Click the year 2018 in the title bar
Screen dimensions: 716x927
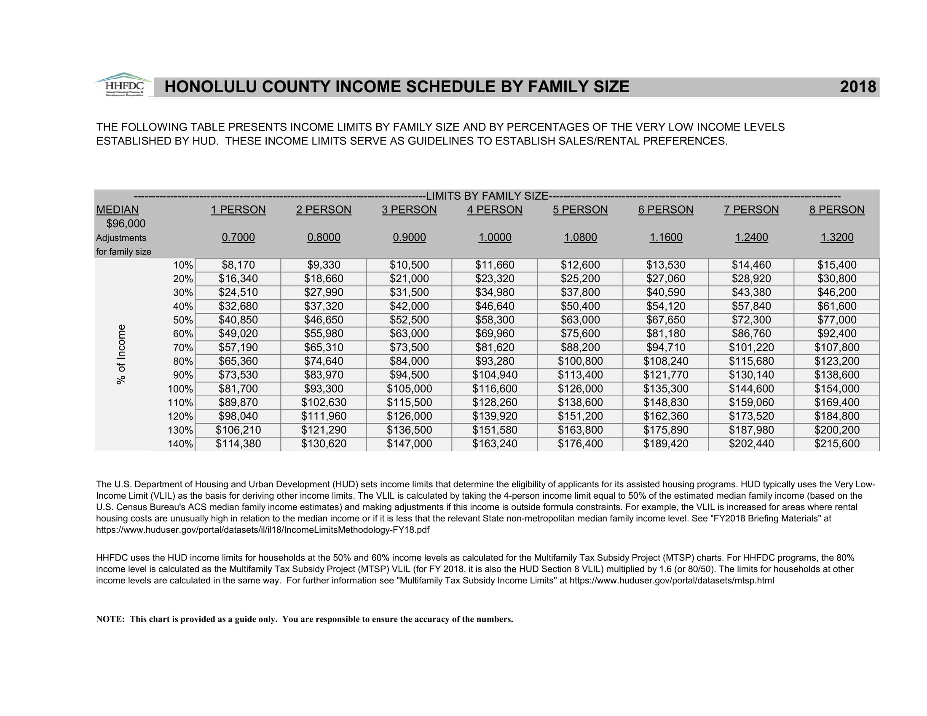click(x=857, y=87)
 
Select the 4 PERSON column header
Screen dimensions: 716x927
click(x=495, y=210)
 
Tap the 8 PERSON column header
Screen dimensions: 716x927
click(x=836, y=210)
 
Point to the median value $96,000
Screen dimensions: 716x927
click(x=126, y=224)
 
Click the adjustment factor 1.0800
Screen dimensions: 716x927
click(x=580, y=237)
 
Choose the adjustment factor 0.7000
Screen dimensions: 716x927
click(x=238, y=237)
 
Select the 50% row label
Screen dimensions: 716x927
click(x=182, y=320)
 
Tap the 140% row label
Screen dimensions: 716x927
click(x=180, y=444)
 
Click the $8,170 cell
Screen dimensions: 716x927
click(x=238, y=265)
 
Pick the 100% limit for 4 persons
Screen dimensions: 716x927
click(x=495, y=389)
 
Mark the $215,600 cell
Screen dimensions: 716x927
click(x=836, y=443)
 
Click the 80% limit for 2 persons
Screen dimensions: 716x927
click(x=324, y=361)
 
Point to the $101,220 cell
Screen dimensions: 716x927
click(x=751, y=347)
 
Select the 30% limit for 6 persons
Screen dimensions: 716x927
click(x=665, y=292)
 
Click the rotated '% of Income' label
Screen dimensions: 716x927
click(x=121, y=354)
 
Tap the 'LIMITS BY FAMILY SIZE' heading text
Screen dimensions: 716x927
click(x=487, y=196)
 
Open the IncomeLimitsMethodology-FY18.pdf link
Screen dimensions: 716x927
click(x=263, y=530)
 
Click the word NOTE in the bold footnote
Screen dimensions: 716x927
click(x=110, y=619)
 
